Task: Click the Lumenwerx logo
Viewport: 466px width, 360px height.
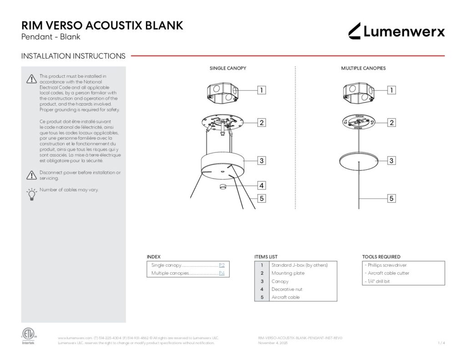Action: (x=396, y=31)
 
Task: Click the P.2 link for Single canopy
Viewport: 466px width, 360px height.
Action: (x=222, y=265)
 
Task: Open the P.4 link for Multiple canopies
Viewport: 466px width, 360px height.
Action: (x=222, y=273)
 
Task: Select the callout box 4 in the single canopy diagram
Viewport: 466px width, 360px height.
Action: (x=261, y=185)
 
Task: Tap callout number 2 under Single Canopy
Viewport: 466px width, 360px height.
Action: (x=261, y=122)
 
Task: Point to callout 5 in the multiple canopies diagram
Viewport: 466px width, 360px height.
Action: (x=391, y=198)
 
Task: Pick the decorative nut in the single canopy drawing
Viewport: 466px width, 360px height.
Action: (x=223, y=187)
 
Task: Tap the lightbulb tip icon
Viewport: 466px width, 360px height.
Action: (x=31, y=194)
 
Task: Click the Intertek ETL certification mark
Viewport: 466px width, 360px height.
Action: (x=28, y=336)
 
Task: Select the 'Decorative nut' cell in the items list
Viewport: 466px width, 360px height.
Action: (x=287, y=289)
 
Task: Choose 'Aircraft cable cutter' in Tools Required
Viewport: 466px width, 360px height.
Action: (x=387, y=273)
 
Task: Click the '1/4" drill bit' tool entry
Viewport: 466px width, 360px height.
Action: (x=378, y=281)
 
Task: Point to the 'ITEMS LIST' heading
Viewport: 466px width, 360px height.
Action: (x=266, y=257)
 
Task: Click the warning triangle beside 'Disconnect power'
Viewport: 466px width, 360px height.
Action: (x=31, y=175)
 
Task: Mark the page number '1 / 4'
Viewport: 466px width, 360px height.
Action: (x=441, y=343)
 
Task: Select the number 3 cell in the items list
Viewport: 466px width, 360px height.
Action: (x=262, y=281)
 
